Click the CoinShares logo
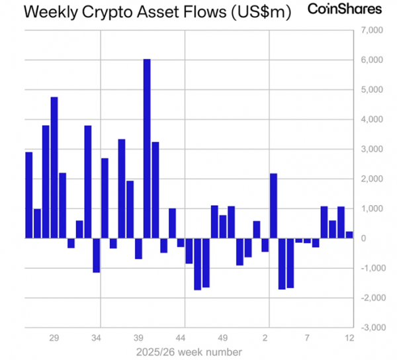[x=345, y=9]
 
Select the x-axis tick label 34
[x=97, y=338]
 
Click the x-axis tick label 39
[x=139, y=338]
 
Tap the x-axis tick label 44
[x=181, y=338]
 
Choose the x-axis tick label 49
[x=223, y=338]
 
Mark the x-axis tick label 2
[x=266, y=338]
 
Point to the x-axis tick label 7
[x=307, y=338]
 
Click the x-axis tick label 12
[x=349, y=338]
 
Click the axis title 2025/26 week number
[x=189, y=351]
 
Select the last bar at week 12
[x=349, y=234]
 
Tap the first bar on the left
[x=29, y=195]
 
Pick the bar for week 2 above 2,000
[x=273, y=206]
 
